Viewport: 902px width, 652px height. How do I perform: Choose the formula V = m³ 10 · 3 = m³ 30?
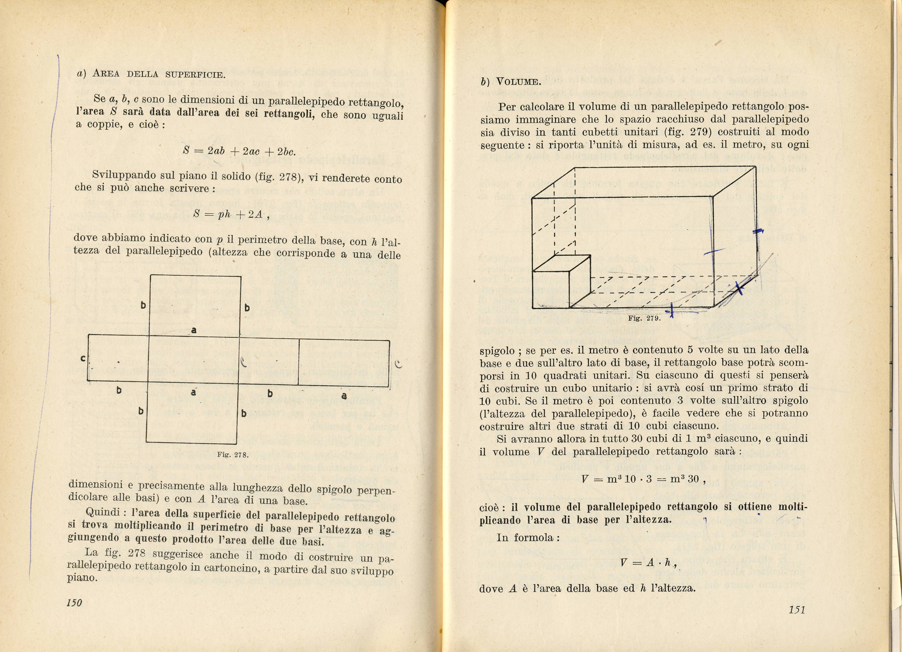point(643,479)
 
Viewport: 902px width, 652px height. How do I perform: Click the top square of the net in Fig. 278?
point(195,306)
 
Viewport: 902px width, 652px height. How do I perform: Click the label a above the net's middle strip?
point(194,330)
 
